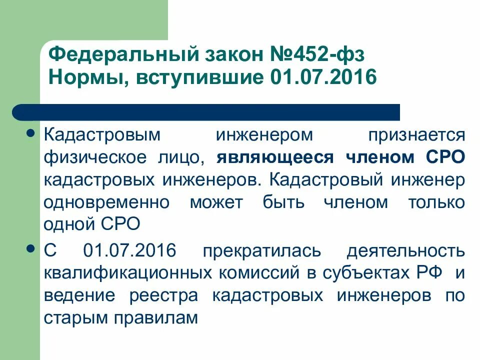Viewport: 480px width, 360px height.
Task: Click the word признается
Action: pyautogui.click(x=416, y=134)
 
